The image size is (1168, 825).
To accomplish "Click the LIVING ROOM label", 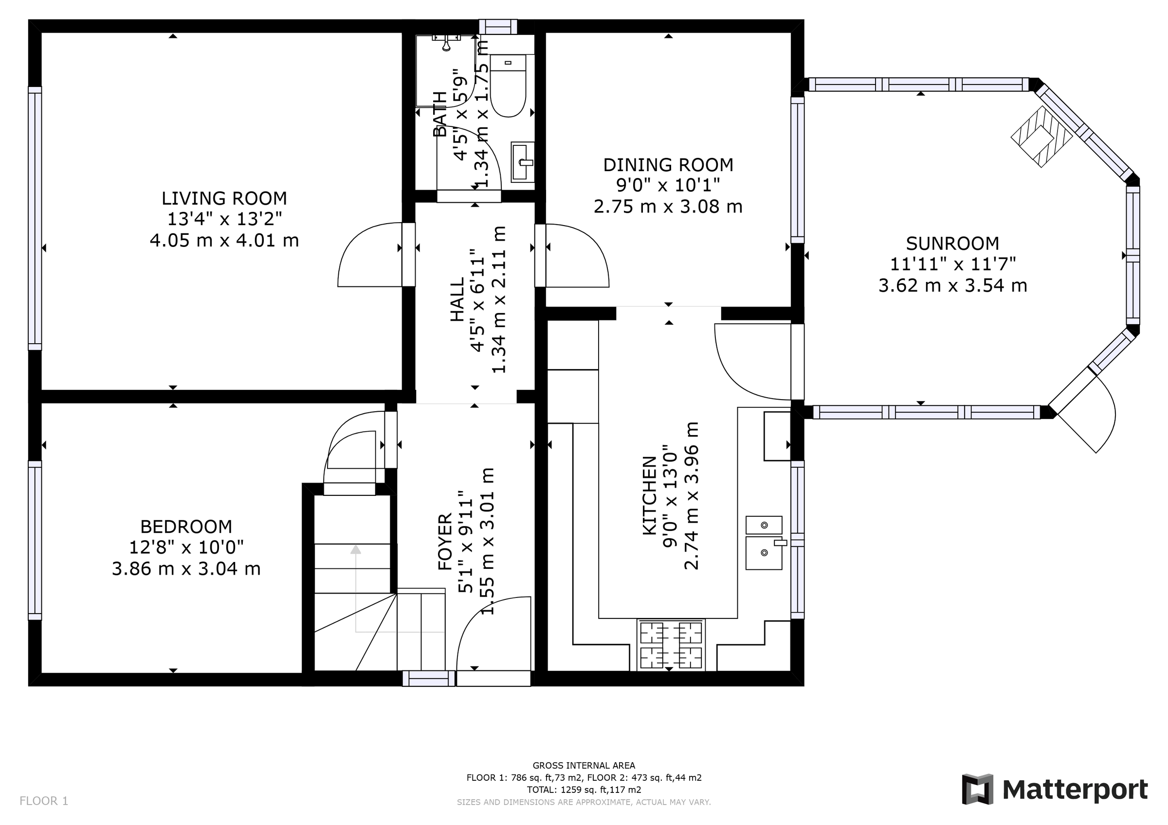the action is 224,198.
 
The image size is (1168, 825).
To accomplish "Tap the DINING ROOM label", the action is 668,165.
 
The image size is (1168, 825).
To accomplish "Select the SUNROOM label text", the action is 952,244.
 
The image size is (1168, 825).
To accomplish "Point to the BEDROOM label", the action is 186,526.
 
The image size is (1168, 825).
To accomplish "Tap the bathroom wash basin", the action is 523,161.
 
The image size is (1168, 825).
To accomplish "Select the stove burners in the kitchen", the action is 671,645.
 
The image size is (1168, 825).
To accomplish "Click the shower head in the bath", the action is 446,43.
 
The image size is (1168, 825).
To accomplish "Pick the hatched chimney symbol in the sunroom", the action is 1041,137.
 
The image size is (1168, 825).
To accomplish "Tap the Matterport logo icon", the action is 977,790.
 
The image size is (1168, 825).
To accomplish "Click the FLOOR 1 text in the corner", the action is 44,801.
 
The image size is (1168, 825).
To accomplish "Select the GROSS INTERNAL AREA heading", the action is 584,766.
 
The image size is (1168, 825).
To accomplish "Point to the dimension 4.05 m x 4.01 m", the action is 224,240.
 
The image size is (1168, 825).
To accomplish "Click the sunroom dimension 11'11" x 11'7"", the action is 952,264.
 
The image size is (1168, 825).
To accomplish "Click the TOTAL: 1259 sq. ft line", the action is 584,790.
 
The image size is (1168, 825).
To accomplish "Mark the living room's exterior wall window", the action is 35,219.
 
